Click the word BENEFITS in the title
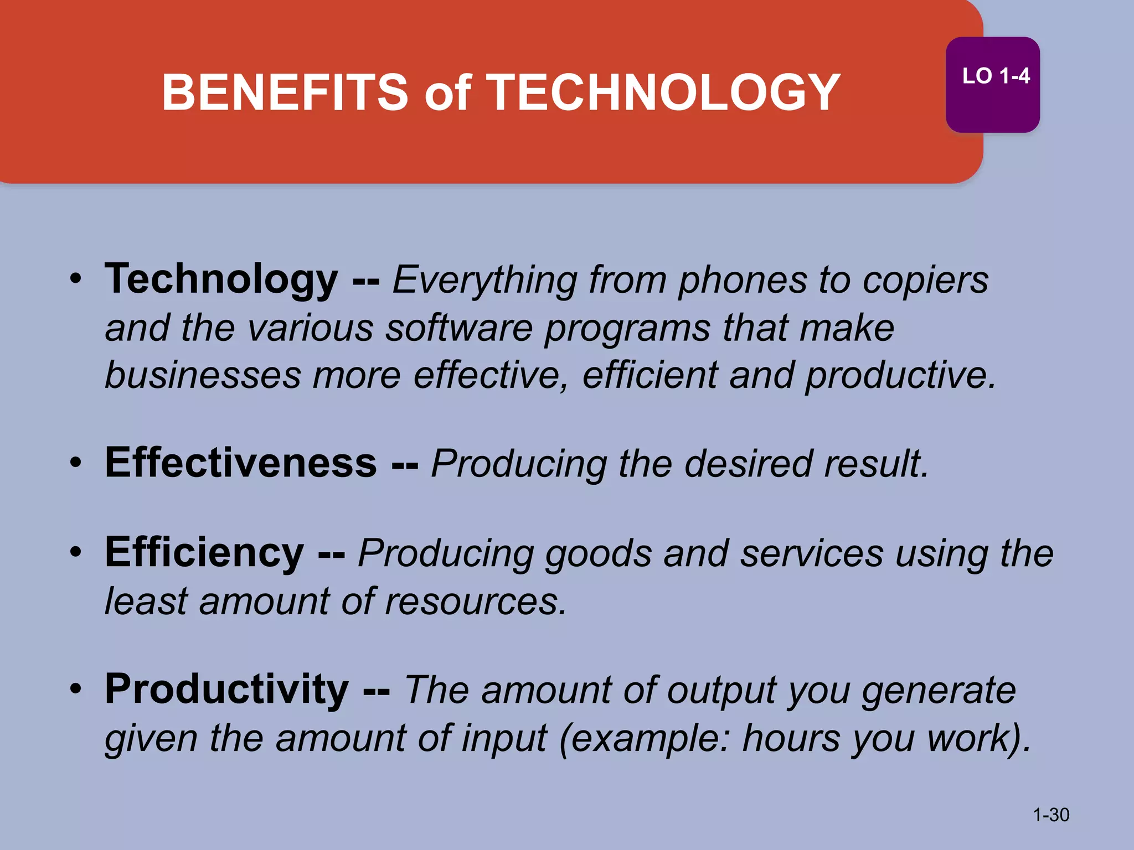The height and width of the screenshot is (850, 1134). coord(285,92)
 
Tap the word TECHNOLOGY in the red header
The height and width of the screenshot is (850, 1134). coord(663,92)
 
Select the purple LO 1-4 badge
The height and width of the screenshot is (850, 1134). coord(992,84)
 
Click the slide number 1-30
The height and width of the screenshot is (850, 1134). coord(1051,815)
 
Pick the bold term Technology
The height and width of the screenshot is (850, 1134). coord(221,279)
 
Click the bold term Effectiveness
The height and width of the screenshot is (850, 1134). coord(241,463)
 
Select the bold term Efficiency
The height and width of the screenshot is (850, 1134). coord(204,553)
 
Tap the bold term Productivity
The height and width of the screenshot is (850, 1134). coord(227,690)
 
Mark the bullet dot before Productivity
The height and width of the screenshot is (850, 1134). coord(76,689)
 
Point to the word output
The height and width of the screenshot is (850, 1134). coord(722,691)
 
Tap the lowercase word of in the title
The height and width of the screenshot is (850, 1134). coord(447,92)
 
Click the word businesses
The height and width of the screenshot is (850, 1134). coord(203,376)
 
